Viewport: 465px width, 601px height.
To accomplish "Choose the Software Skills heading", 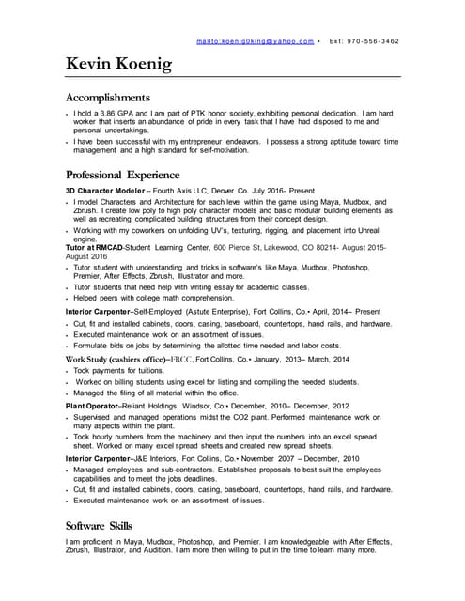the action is click(99, 525).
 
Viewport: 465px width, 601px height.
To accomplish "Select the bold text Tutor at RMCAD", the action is click(101, 247).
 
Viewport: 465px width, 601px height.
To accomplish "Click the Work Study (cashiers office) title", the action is click(116, 360).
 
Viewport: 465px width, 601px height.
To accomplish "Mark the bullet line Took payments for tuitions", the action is click(125, 371).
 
